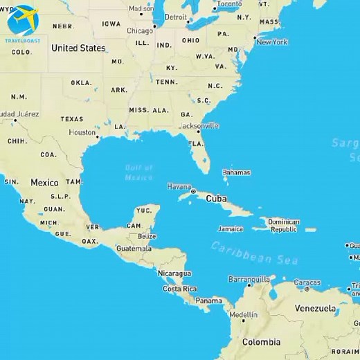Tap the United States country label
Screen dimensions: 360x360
78,48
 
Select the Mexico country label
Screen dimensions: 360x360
44,183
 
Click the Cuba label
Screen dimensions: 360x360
216,199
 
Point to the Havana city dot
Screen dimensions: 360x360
193,191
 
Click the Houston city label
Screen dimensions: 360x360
82,132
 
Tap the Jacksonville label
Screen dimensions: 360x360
199,126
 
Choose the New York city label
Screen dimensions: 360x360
271,42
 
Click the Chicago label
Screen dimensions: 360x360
140,30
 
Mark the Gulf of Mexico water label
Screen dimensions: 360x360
138,172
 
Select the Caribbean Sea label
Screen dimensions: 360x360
254,253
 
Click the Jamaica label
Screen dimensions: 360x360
230,228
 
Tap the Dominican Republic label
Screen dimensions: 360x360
284,226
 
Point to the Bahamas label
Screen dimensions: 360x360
236,172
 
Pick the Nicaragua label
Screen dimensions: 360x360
174,273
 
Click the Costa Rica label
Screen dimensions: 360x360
179,289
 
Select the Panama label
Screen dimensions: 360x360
208,300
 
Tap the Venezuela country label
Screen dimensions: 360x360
315,308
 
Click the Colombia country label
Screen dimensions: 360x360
261,342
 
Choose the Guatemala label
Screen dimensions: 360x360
134,249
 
